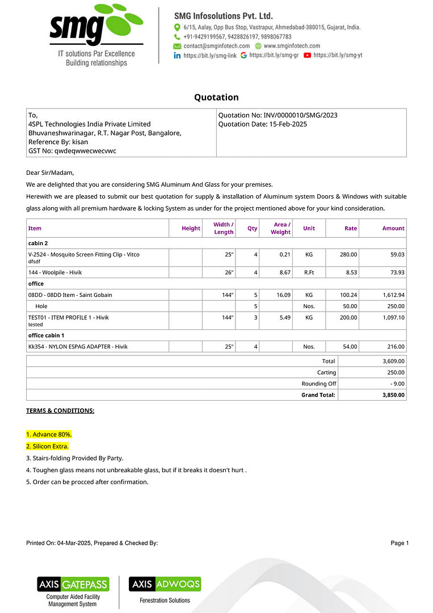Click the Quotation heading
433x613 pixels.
tap(216, 97)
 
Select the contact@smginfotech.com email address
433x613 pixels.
tap(216, 46)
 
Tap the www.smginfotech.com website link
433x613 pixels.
tap(292, 46)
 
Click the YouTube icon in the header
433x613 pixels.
tap(307, 56)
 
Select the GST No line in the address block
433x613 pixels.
tap(72, 151)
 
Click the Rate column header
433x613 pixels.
tap(351, 228)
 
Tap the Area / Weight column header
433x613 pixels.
tap(280, 228)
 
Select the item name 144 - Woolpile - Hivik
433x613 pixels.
tap(55, 272)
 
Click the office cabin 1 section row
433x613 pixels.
tap(46, 335)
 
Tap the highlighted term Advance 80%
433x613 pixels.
tap(49, 434)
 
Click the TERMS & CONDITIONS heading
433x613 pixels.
tap(60, 410)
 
